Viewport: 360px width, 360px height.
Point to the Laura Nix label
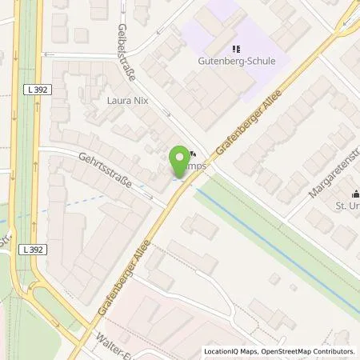tap(128, 102)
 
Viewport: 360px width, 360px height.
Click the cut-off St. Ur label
tap(346, 207)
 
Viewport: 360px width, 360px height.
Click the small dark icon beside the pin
tap(194, 155)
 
